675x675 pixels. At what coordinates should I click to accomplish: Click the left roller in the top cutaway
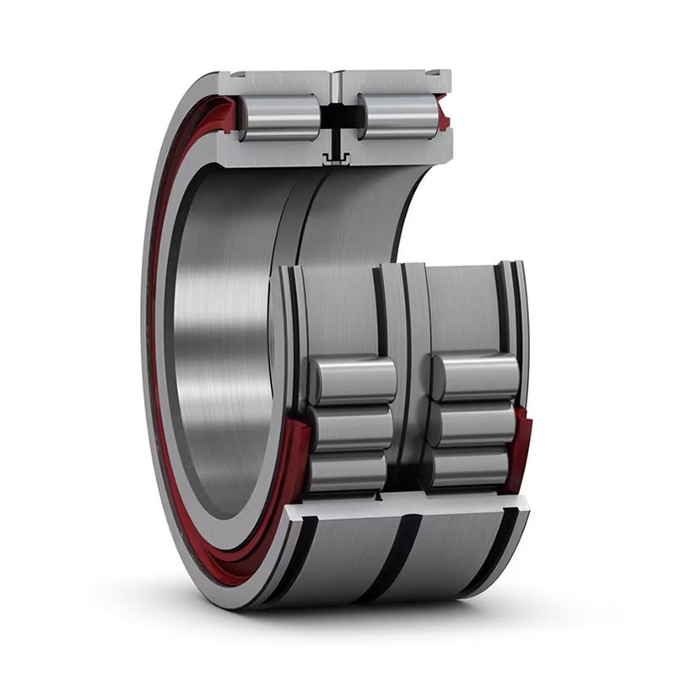coord(278,116)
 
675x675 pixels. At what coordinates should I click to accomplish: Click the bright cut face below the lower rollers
coord(405,506)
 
